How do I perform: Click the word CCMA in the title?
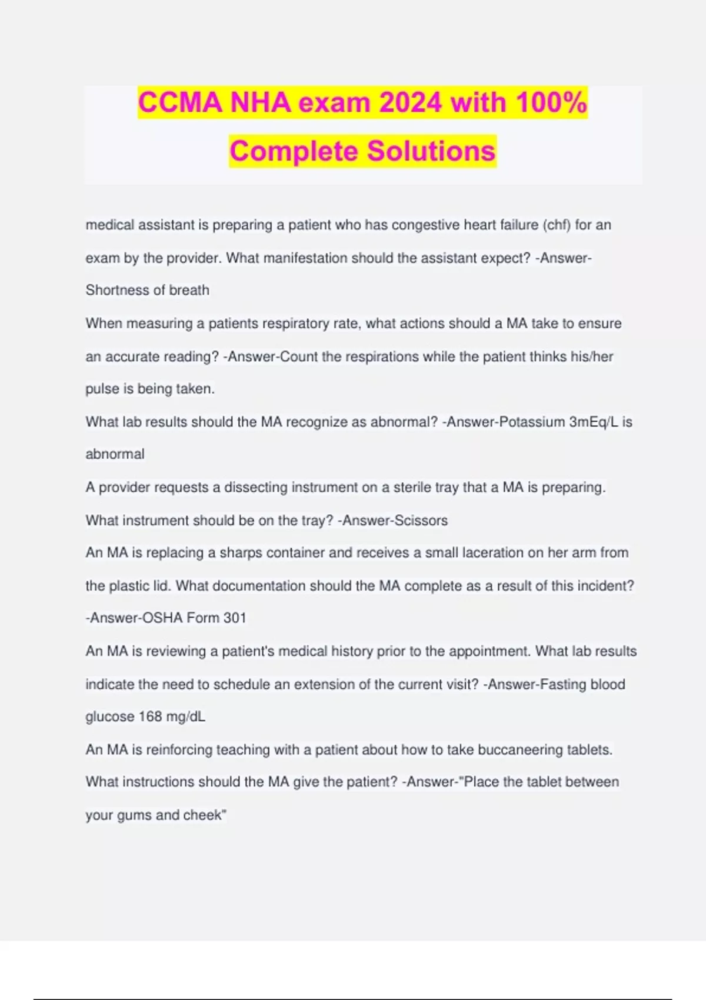180,103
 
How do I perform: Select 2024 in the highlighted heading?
410,103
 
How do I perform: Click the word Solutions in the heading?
431,151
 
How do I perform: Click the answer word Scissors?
421,521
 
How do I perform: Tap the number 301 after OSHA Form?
234,618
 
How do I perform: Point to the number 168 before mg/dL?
150,717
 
